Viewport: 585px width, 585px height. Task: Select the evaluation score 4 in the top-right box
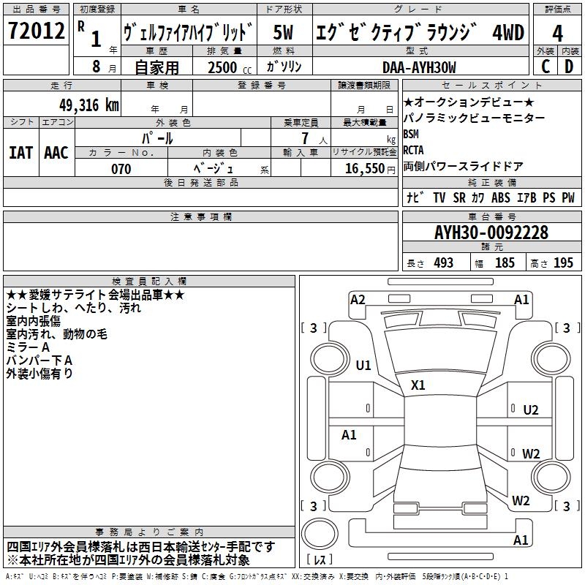[557, 33]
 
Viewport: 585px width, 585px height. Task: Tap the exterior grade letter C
[545, 67]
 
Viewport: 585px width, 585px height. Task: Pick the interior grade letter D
[569, 67]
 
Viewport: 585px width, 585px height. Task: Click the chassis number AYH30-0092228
[491, 233]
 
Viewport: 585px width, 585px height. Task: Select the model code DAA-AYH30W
[419, 67]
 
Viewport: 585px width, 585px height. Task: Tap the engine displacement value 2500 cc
[224, 67]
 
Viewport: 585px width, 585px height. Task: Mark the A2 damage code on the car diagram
[358, 299]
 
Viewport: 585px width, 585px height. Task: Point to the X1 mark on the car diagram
[418, 385]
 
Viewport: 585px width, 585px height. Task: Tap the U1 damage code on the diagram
[363, 365]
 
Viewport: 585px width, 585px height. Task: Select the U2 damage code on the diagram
[530, 409]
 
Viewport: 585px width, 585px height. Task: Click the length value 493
[443, 263]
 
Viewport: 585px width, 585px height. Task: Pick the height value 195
[563, 263]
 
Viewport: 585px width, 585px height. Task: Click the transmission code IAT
[20, 152]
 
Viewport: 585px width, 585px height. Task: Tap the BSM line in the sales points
[412, 135]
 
